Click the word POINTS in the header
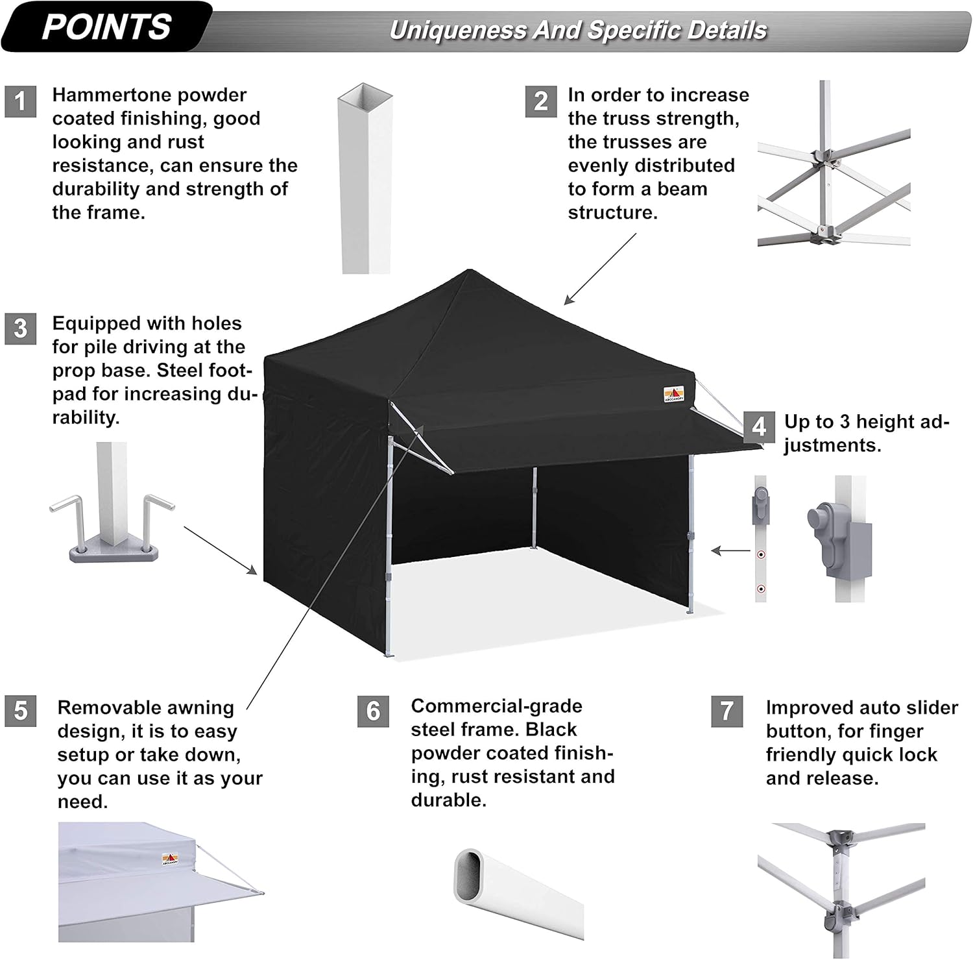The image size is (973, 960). point(106,27)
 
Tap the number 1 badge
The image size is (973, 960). point(20,101)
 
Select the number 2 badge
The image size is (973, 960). point(541,101)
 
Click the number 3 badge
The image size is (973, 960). point(20,328)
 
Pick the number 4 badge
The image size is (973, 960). point(759,426)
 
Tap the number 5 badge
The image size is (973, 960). point(20,711)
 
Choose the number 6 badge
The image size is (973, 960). point(373,711)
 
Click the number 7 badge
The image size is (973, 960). point(727,711)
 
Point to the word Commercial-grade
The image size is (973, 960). point(496,706)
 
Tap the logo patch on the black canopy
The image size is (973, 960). point(673,394)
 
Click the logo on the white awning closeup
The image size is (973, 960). point(171,859)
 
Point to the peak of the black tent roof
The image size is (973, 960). point(468,271)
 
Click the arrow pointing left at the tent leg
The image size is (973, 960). point(731,551)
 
